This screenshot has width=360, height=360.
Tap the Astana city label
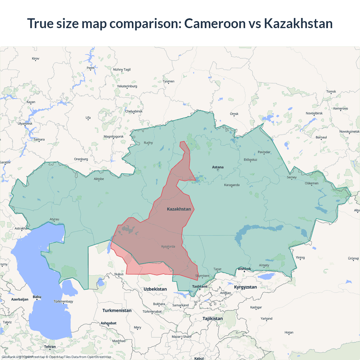coord(218,167)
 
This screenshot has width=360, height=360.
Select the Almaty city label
coord(264,265)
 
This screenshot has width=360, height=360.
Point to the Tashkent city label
coord(200,286)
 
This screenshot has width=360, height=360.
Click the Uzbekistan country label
coord(155,289)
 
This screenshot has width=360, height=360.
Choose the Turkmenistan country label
coord(117,310)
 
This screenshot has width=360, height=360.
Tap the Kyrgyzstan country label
coord(245,287)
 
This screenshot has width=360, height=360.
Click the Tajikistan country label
coord(213,318)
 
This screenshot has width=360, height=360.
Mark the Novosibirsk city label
coord(314,113)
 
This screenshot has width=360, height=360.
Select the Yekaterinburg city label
coord(127,86)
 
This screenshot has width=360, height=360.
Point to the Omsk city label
coord(234,114)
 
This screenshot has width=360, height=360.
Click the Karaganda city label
coord(232,185)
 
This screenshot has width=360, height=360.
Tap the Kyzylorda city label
coord(168,246)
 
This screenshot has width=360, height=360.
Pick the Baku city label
coord(37,297)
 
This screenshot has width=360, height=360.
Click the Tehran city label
coord(50,346)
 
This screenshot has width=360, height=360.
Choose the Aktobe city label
coord(99,179)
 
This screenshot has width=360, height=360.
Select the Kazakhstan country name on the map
coord(179,209)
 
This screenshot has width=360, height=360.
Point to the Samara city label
coord(39,139)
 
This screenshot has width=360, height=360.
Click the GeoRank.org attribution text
coord(11,357)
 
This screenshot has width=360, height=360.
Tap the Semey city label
coord(292,177)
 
